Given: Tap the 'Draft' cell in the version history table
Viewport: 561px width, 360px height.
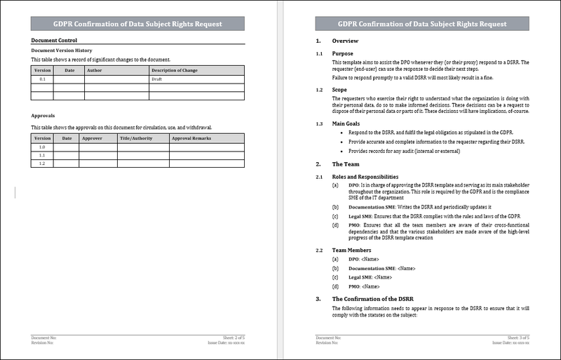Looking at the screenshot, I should (x=157, y=79).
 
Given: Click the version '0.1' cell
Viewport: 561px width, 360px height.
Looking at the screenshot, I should (x=42, y=79).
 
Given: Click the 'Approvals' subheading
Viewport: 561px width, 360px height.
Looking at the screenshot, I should (x=43, y=115).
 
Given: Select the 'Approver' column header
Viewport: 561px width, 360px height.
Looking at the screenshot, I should (x=92, y=138).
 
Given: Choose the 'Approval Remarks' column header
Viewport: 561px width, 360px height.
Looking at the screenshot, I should (x=191, y=138).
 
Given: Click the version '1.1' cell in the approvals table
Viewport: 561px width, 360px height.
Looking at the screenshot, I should (x=41, y=155).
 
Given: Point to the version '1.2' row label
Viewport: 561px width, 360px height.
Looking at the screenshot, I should (x=41, y=164).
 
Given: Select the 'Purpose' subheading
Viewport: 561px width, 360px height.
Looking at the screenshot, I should (x=343, y=54).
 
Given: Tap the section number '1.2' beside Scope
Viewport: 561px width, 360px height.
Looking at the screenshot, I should (x=319, y=90).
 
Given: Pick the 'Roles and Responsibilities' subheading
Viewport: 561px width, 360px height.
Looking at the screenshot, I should (x=365, y=176).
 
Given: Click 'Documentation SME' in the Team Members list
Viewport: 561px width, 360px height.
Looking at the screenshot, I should (x=372, y=268).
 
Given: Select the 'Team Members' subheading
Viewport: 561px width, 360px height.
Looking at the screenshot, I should (x=351, y=250).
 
